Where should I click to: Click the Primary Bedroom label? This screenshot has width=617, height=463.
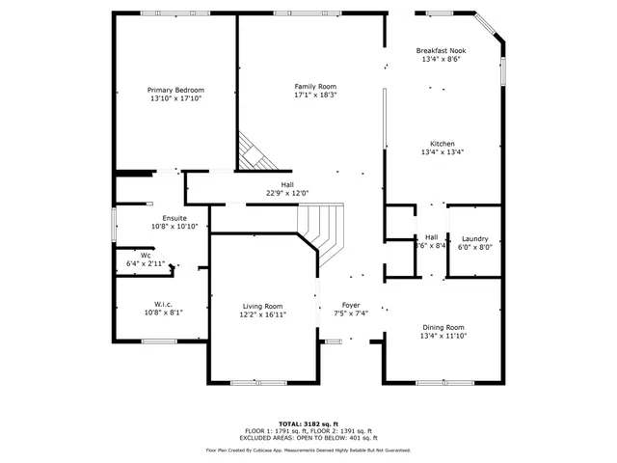(x=175, y=90)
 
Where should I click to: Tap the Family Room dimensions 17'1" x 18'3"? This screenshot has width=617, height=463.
(x=315, y=95)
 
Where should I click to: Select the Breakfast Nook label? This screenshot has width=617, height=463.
(x=443, y=50)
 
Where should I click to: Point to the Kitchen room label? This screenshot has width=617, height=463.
(x=443, y=144)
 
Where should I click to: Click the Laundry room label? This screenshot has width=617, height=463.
(x=474, y=238)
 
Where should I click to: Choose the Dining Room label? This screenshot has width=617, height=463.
(x=443, y=327)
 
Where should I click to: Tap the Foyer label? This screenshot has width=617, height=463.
(x=351, y=306)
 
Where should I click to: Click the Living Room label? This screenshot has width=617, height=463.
(x=262, y=306)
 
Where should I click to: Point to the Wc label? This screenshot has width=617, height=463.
(x=146, y=256)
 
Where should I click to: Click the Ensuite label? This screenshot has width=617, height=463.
(x=174, y=218)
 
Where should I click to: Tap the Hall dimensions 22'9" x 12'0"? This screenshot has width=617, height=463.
(x=287, y=193)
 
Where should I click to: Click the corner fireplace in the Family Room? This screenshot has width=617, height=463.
(x=254, y=150)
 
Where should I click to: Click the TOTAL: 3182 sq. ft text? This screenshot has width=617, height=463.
(x=308, y=423)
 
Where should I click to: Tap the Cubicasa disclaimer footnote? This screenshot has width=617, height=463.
(x=308, y=449)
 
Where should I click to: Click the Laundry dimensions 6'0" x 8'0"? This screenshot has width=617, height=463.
(x=474, y=246)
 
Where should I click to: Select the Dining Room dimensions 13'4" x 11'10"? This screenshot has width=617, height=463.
(x=443, y=336)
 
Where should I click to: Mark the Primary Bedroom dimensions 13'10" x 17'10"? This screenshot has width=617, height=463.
(x=175, y=98)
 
